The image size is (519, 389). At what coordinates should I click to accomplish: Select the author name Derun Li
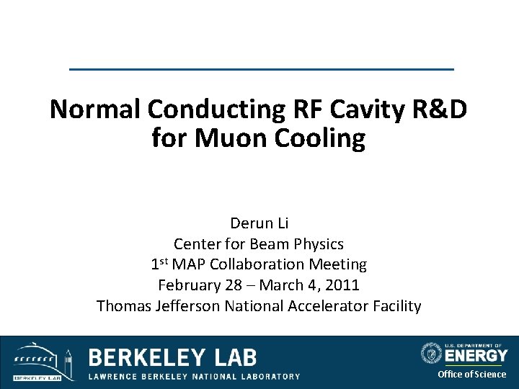click(x=259, y=223)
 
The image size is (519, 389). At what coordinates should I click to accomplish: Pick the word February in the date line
click(x=190, y=285)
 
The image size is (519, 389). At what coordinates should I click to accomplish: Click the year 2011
click(x=342, y=285)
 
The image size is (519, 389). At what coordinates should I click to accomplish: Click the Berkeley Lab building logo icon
click(x=41, y=360)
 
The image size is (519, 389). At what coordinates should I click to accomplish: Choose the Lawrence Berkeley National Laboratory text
click(x=194, y=376)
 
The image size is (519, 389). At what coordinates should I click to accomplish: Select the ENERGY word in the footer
click(x=476, y=355)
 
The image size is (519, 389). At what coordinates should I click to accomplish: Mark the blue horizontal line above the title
click(x=261, y=69)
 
